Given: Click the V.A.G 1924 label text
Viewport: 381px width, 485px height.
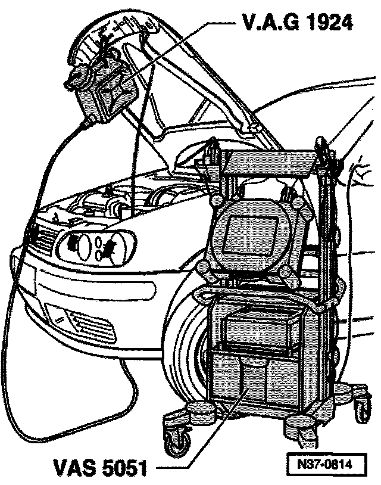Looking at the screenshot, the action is click(x=297, y=22).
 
